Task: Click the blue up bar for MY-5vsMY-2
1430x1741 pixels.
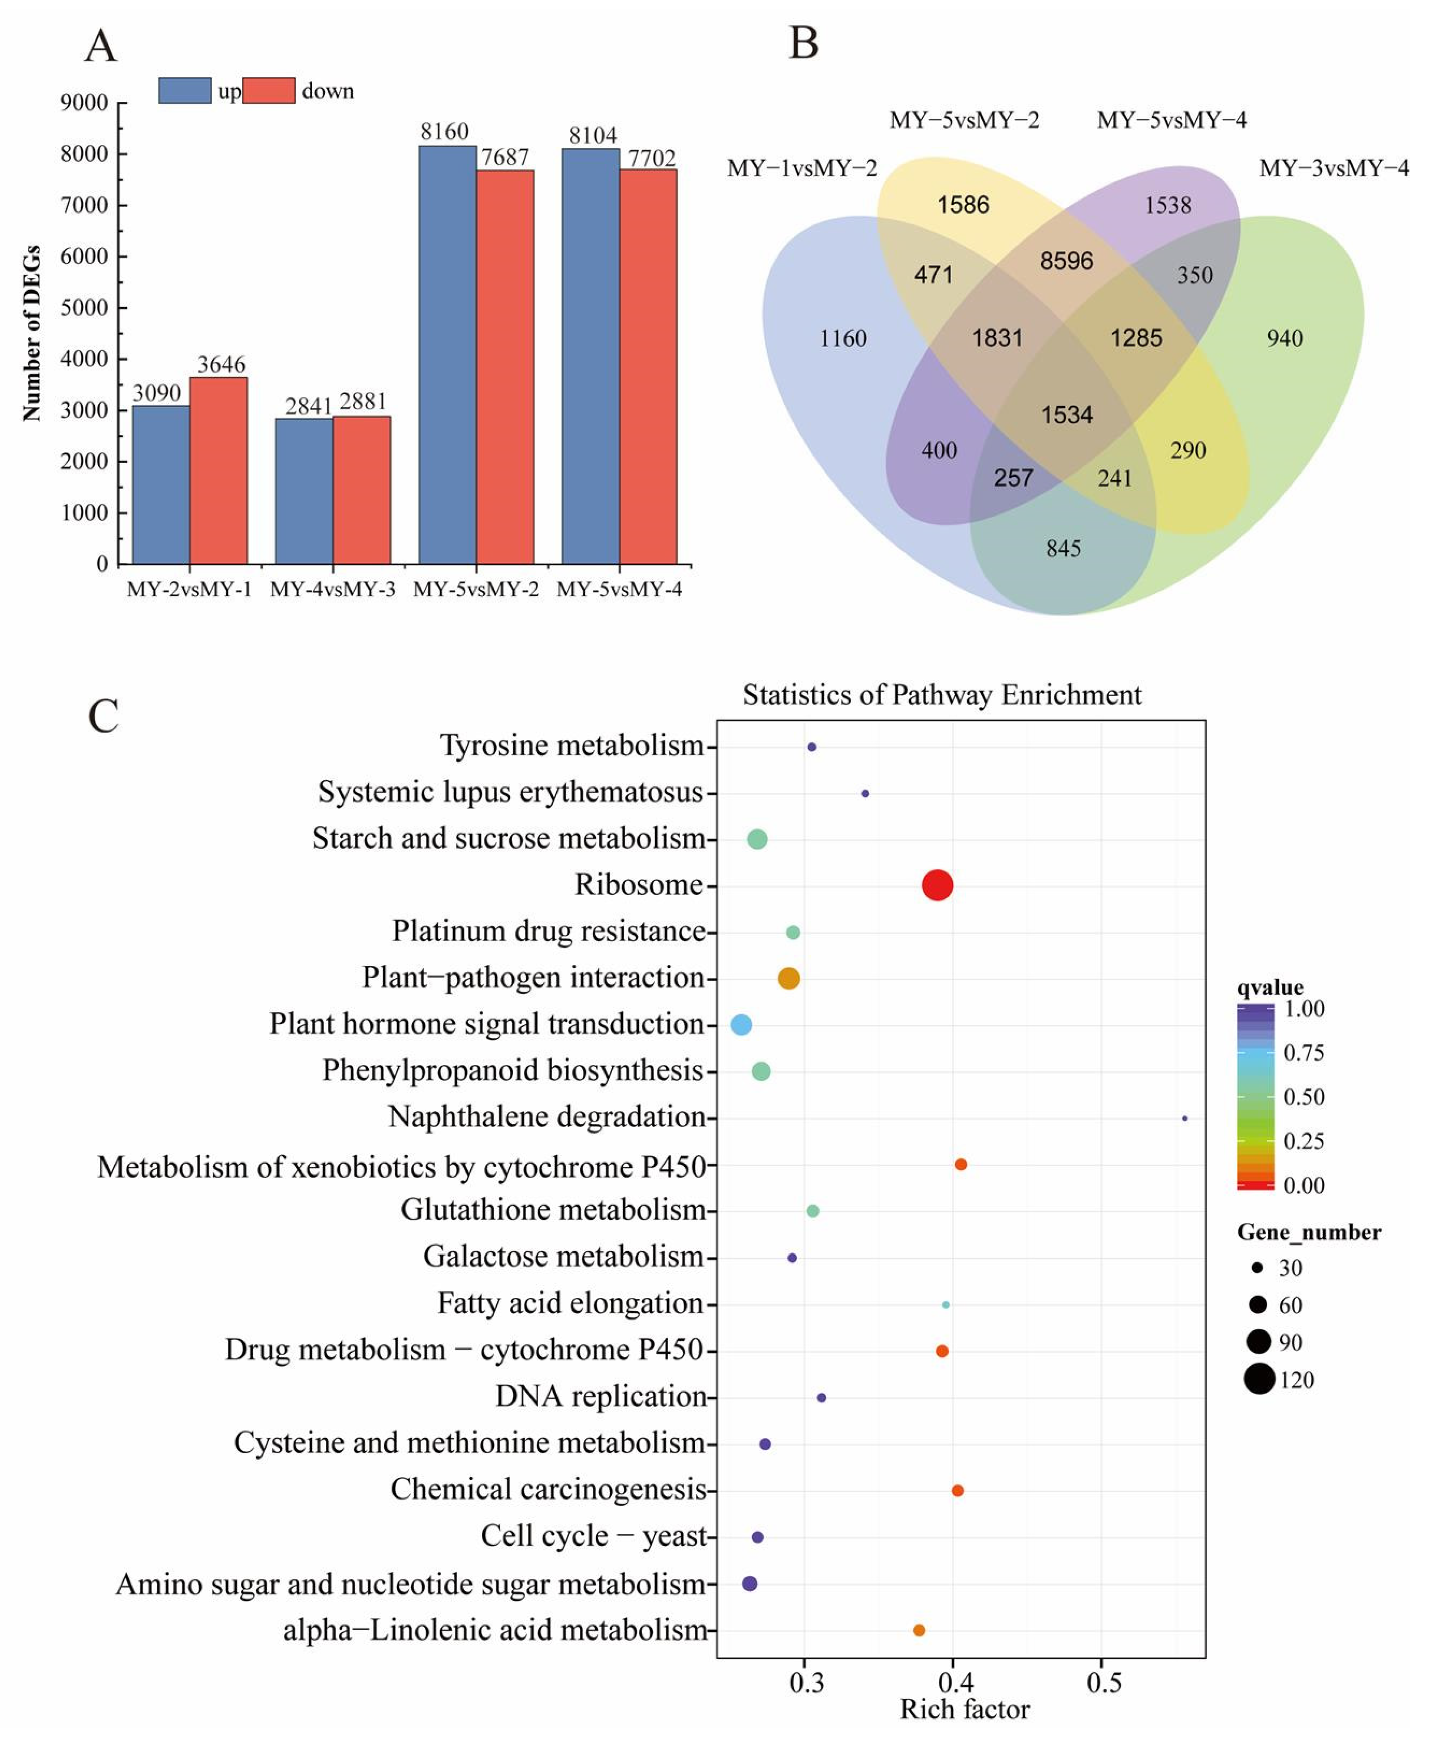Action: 447,354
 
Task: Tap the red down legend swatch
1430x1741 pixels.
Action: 269,91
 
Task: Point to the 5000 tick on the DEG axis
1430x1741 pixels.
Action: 84,307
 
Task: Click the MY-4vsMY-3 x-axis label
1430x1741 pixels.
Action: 333,589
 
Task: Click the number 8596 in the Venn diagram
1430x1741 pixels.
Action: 1066,261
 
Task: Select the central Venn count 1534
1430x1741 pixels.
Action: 1067,414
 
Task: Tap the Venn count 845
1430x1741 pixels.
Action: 1063,548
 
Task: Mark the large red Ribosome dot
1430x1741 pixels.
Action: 938,886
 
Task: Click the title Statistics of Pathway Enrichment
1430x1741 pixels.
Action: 941,695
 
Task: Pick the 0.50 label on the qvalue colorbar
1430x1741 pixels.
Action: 1304,1097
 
